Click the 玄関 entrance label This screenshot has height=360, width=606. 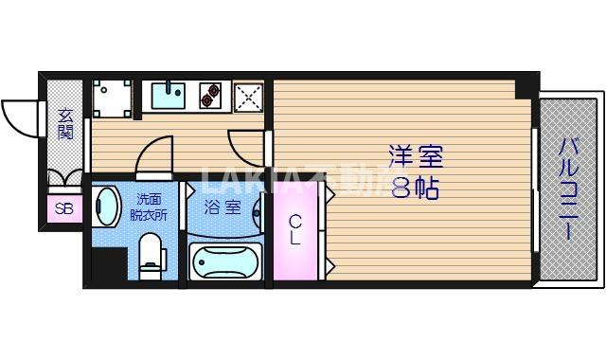tap(65, 123)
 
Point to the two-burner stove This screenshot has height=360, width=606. tap(211, 94)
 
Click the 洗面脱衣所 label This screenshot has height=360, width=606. tap(148, 207)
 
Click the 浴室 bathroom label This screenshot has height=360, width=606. tap(221, 206)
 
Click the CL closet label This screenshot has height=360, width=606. tap(295, 230)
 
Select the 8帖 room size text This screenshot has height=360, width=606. tap(415, 188)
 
